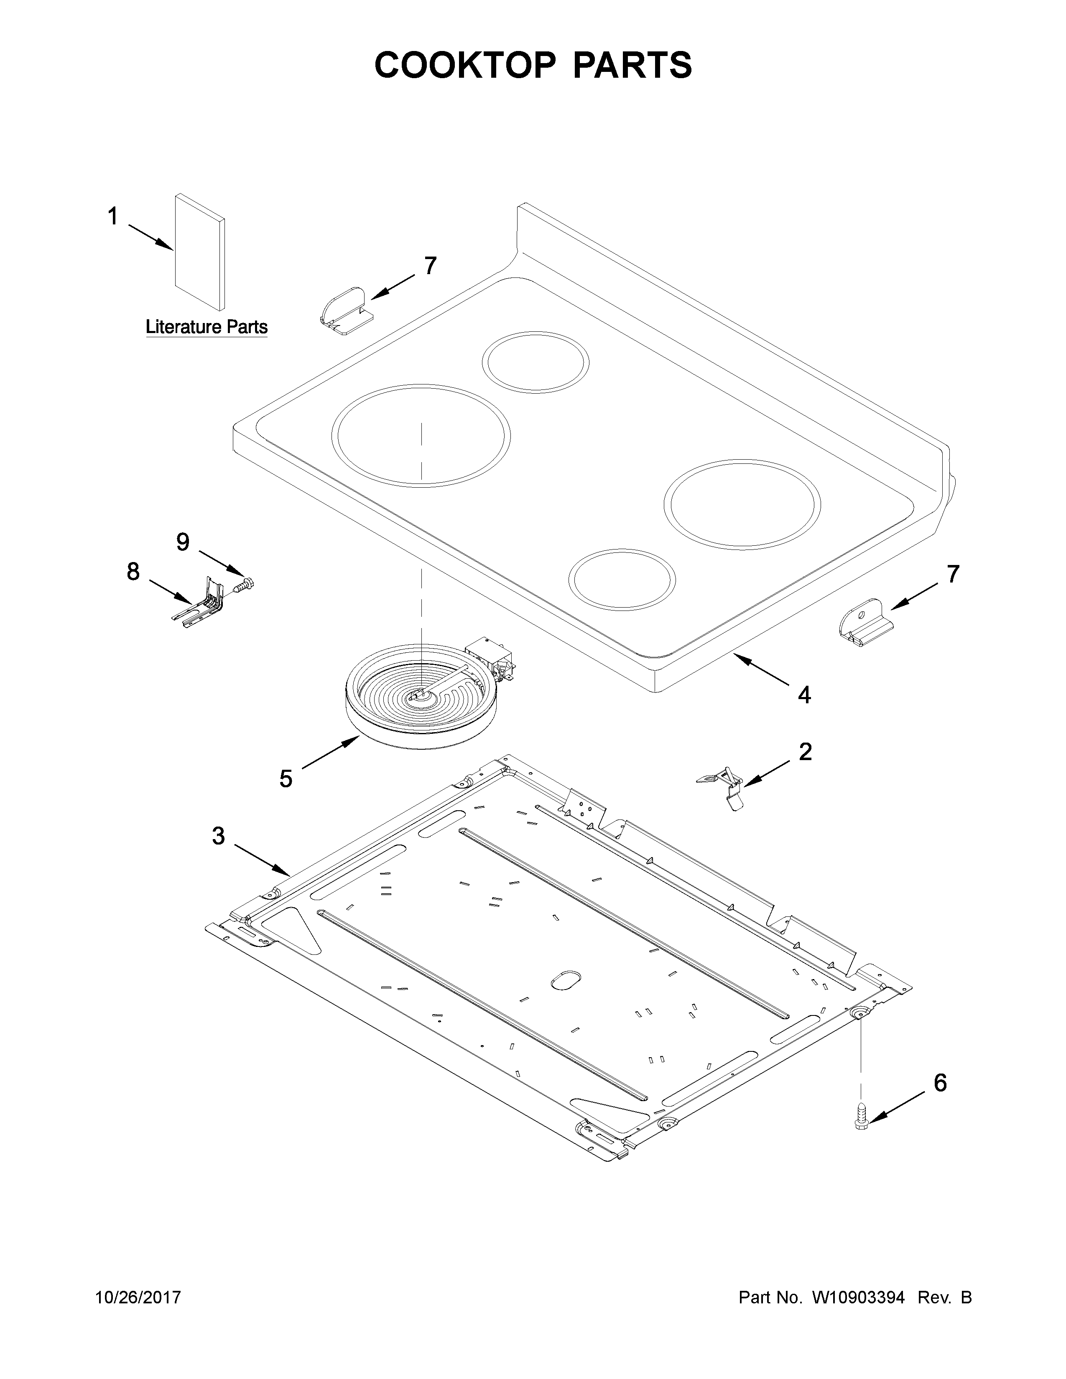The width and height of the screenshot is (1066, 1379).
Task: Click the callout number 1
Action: coord(112,217)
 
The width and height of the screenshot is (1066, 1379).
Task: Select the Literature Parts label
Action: coord(207,327)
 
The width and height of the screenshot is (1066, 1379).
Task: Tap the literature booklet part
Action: coord(199,252)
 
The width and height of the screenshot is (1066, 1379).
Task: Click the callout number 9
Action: coord(183,542)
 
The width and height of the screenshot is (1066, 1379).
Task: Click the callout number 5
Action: coord(286,779)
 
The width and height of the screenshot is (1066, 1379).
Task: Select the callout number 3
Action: coord(218,836)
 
